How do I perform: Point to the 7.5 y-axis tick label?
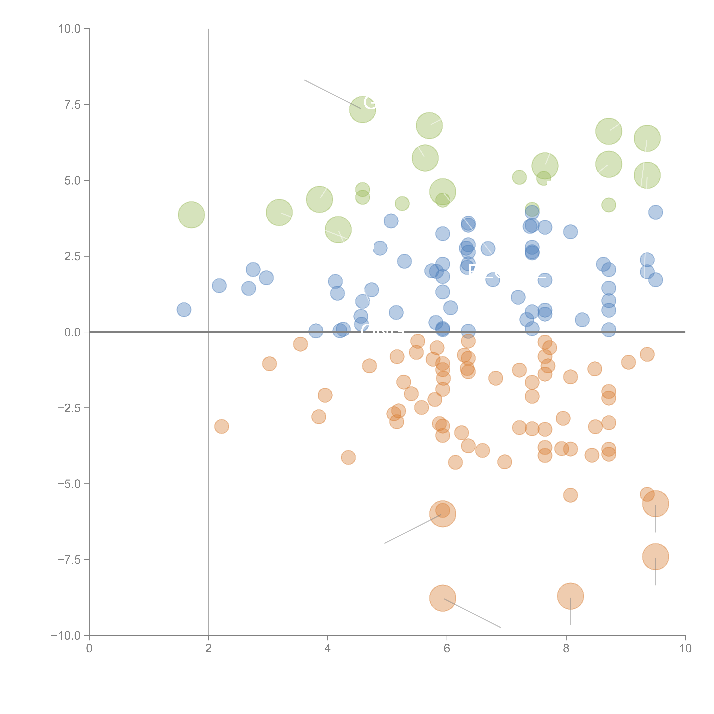[72, 105]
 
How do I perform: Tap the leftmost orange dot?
[221, 427]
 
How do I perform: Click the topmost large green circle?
[363, 109]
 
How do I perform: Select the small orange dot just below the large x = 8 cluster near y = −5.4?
[570, 495]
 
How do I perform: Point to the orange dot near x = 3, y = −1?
[269, 364]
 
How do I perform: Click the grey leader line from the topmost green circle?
[333, 94]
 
